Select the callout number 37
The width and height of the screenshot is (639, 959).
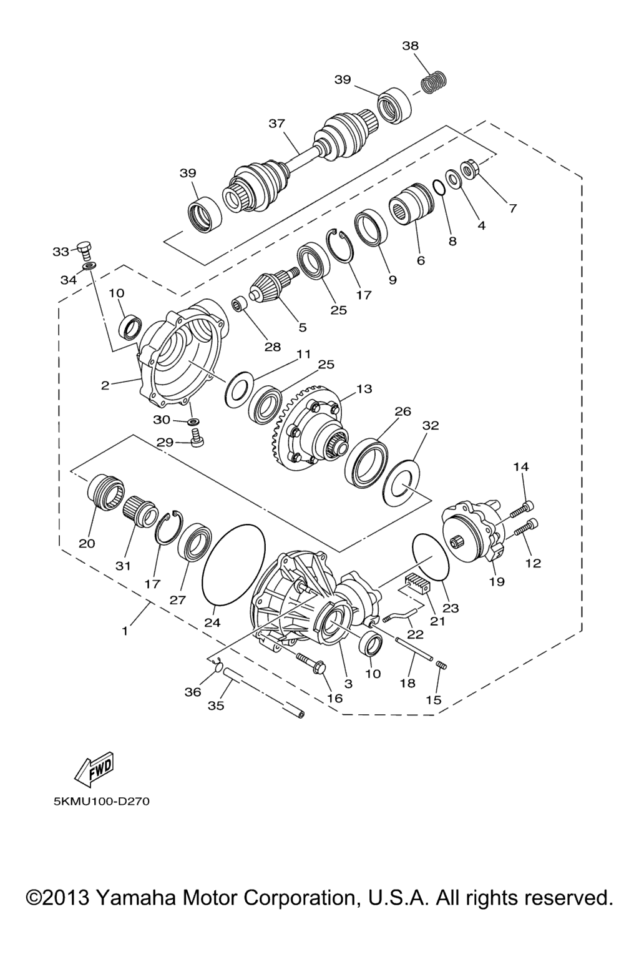click(277, 124)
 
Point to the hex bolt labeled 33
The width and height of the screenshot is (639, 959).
click(85, 251)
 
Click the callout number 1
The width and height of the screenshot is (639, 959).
click(125, 631)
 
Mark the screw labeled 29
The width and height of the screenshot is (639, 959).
click(196, 438)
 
